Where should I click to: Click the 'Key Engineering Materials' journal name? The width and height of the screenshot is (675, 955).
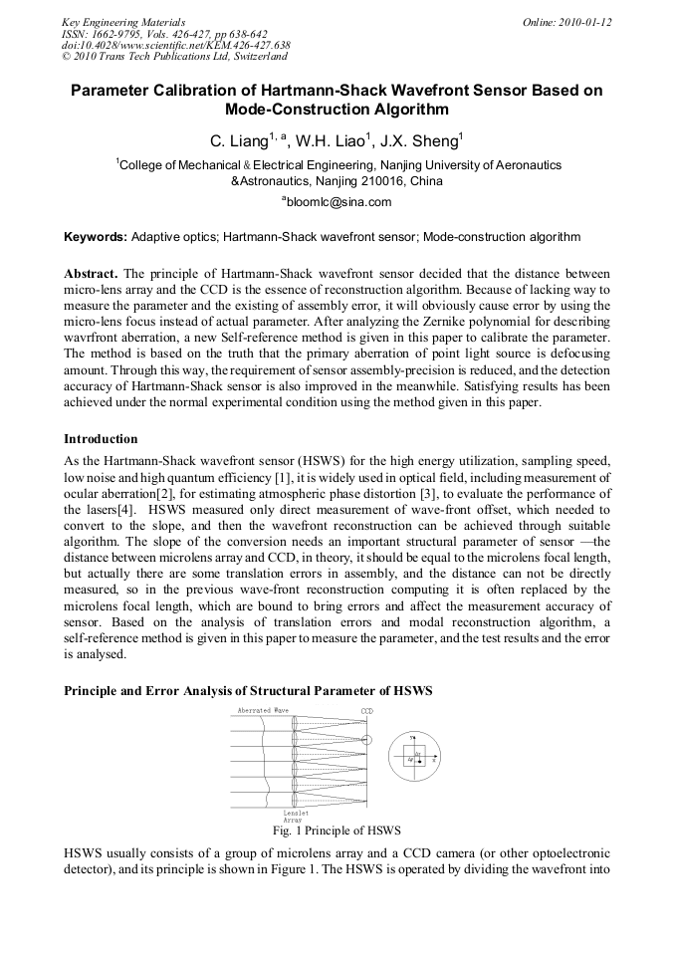click(x=123, y=21)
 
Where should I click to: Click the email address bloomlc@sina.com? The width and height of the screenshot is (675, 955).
click(x=338, y=201)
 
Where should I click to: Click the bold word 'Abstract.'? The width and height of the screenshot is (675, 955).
click(x=92, y=273)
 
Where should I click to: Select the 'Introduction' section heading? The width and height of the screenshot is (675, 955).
click(x=101, y=438)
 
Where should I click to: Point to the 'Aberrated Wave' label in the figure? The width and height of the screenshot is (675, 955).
click(x=263, y=710)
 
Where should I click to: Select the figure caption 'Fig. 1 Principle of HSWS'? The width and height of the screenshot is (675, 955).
click(x=337, y=830)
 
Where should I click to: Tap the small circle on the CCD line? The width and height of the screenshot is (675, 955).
click(x=366, y=739)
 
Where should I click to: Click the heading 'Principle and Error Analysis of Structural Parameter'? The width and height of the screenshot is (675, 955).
click(x=248, y=690)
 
